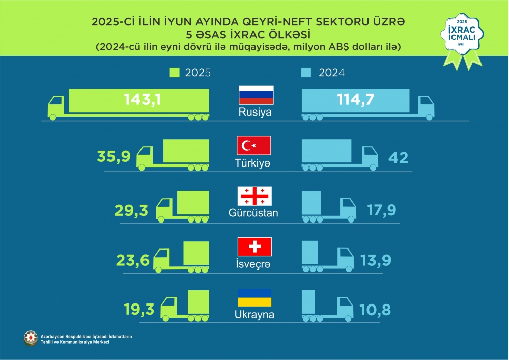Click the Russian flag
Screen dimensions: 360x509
(x=256, y=95)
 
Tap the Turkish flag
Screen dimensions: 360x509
(x=254, y=146)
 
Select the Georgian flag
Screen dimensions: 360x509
(x=255, y=196)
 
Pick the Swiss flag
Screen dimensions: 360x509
(x=254, y=247)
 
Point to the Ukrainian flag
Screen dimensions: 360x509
(x=254, y=298)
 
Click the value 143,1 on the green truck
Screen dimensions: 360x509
(x=143, y=100)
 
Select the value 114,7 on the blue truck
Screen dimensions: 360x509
(x=356, y=99)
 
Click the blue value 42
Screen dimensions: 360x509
(x=398, y=157)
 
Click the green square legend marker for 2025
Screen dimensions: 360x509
(x=174, y=73)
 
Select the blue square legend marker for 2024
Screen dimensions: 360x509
(x=306, y=73)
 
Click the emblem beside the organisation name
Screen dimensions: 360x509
(x=31, y=338)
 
